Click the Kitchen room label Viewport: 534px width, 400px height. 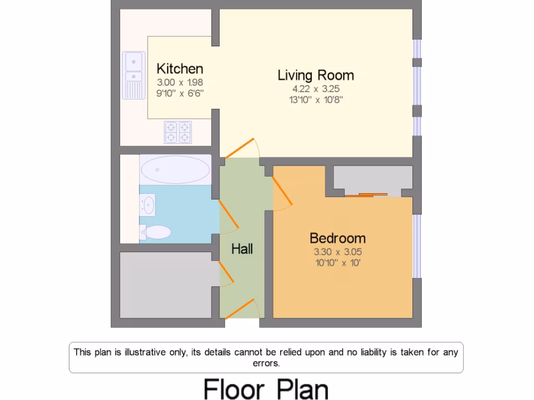[x=180, y=69]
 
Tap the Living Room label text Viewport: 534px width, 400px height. [x=315, y=75]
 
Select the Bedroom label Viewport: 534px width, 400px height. [x=337, y=238]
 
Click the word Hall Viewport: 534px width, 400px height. [x=242, y=249]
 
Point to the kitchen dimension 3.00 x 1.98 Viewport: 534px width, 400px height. [x=180, y=82]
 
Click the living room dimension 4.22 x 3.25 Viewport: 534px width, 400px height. [x=315, y=89]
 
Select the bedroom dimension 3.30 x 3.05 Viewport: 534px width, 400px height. [x=337, y=252]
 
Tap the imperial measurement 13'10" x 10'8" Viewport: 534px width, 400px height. [x=315, y=99]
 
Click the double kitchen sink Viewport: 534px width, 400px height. [x=134, y=74]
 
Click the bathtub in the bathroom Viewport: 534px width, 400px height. [x=175, y=169]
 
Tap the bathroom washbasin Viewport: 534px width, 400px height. [x=148, y=205]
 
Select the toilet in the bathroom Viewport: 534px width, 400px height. [x=156, y=232]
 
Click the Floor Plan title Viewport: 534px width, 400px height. [x=266, y=389]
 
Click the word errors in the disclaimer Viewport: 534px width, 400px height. [x=266, y=363]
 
